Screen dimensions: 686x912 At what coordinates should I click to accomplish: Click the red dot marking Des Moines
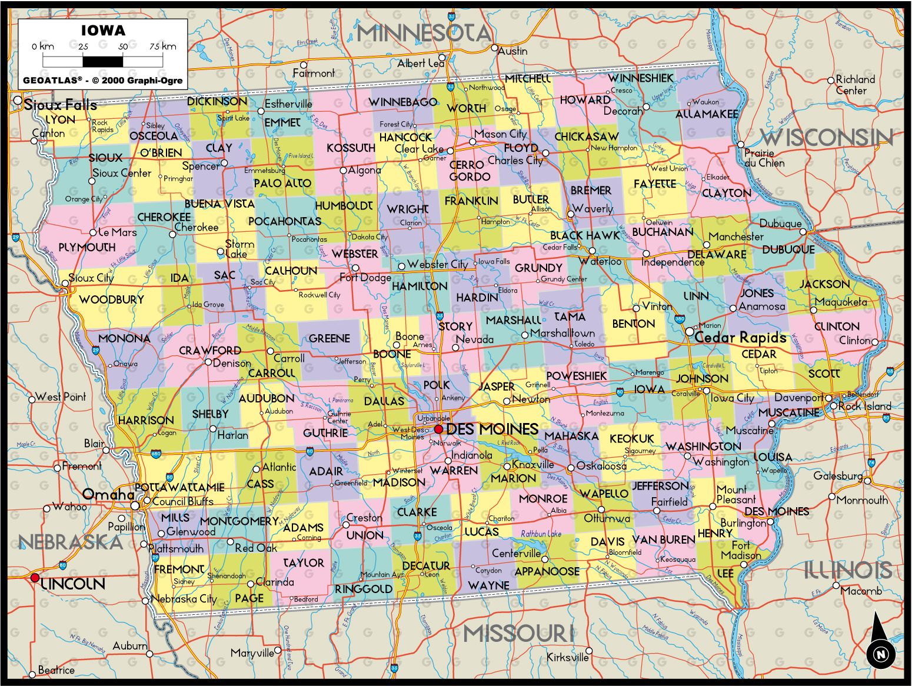tap(438, 429)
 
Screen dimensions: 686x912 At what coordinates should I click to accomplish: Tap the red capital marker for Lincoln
tap(35, 578)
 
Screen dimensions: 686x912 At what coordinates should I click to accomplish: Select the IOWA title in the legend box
tap(103, 31)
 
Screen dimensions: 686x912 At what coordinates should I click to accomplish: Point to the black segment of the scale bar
tap(103, 61)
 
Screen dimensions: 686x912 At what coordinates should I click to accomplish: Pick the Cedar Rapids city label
tap(740, 338)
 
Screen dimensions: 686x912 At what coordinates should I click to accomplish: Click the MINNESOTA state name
tap(424, 33)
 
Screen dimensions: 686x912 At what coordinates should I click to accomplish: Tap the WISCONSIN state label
tap(827, 138)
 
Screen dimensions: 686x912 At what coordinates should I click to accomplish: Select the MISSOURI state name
tap(518, 634)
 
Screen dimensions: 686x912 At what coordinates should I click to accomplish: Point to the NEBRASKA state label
tap(71, 542)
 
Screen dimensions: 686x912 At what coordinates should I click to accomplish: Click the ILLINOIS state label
tap(848, 570)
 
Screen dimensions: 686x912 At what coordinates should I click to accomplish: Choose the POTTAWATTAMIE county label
tap(179, 488)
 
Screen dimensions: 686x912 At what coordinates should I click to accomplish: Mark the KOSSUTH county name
tap(351, 148)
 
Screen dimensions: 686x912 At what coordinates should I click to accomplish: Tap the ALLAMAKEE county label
tap(706, 114)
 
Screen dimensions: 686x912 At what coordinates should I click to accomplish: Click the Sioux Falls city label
tap(61, 105)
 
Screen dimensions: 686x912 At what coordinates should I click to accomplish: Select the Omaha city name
tap(108, 494)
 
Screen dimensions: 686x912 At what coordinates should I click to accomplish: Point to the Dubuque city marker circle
tap(804, 232)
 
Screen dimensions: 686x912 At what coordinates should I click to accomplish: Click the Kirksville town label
tap(567, 657)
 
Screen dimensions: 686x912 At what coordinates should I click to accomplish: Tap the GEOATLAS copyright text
tap(103, 81)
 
